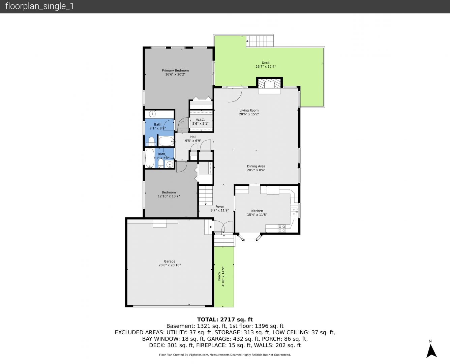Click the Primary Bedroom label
pos(175,70)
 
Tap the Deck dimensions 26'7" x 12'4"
pos(266,66)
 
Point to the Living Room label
pos(249,110)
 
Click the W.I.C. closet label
pos(200,120)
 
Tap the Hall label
pos(193,137)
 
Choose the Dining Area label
pos(256,166)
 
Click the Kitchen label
pos(257,211)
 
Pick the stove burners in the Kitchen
pos(282,229)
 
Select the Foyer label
pos(219,207)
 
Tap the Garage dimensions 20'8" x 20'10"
pos(170,265)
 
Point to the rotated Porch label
pos(219,276)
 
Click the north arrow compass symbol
pos(431,351)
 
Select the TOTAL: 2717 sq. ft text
pos(225,320)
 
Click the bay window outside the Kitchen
pos(250,238)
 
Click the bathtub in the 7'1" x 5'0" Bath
pos(150,158)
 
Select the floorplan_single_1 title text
pos(39,6)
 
